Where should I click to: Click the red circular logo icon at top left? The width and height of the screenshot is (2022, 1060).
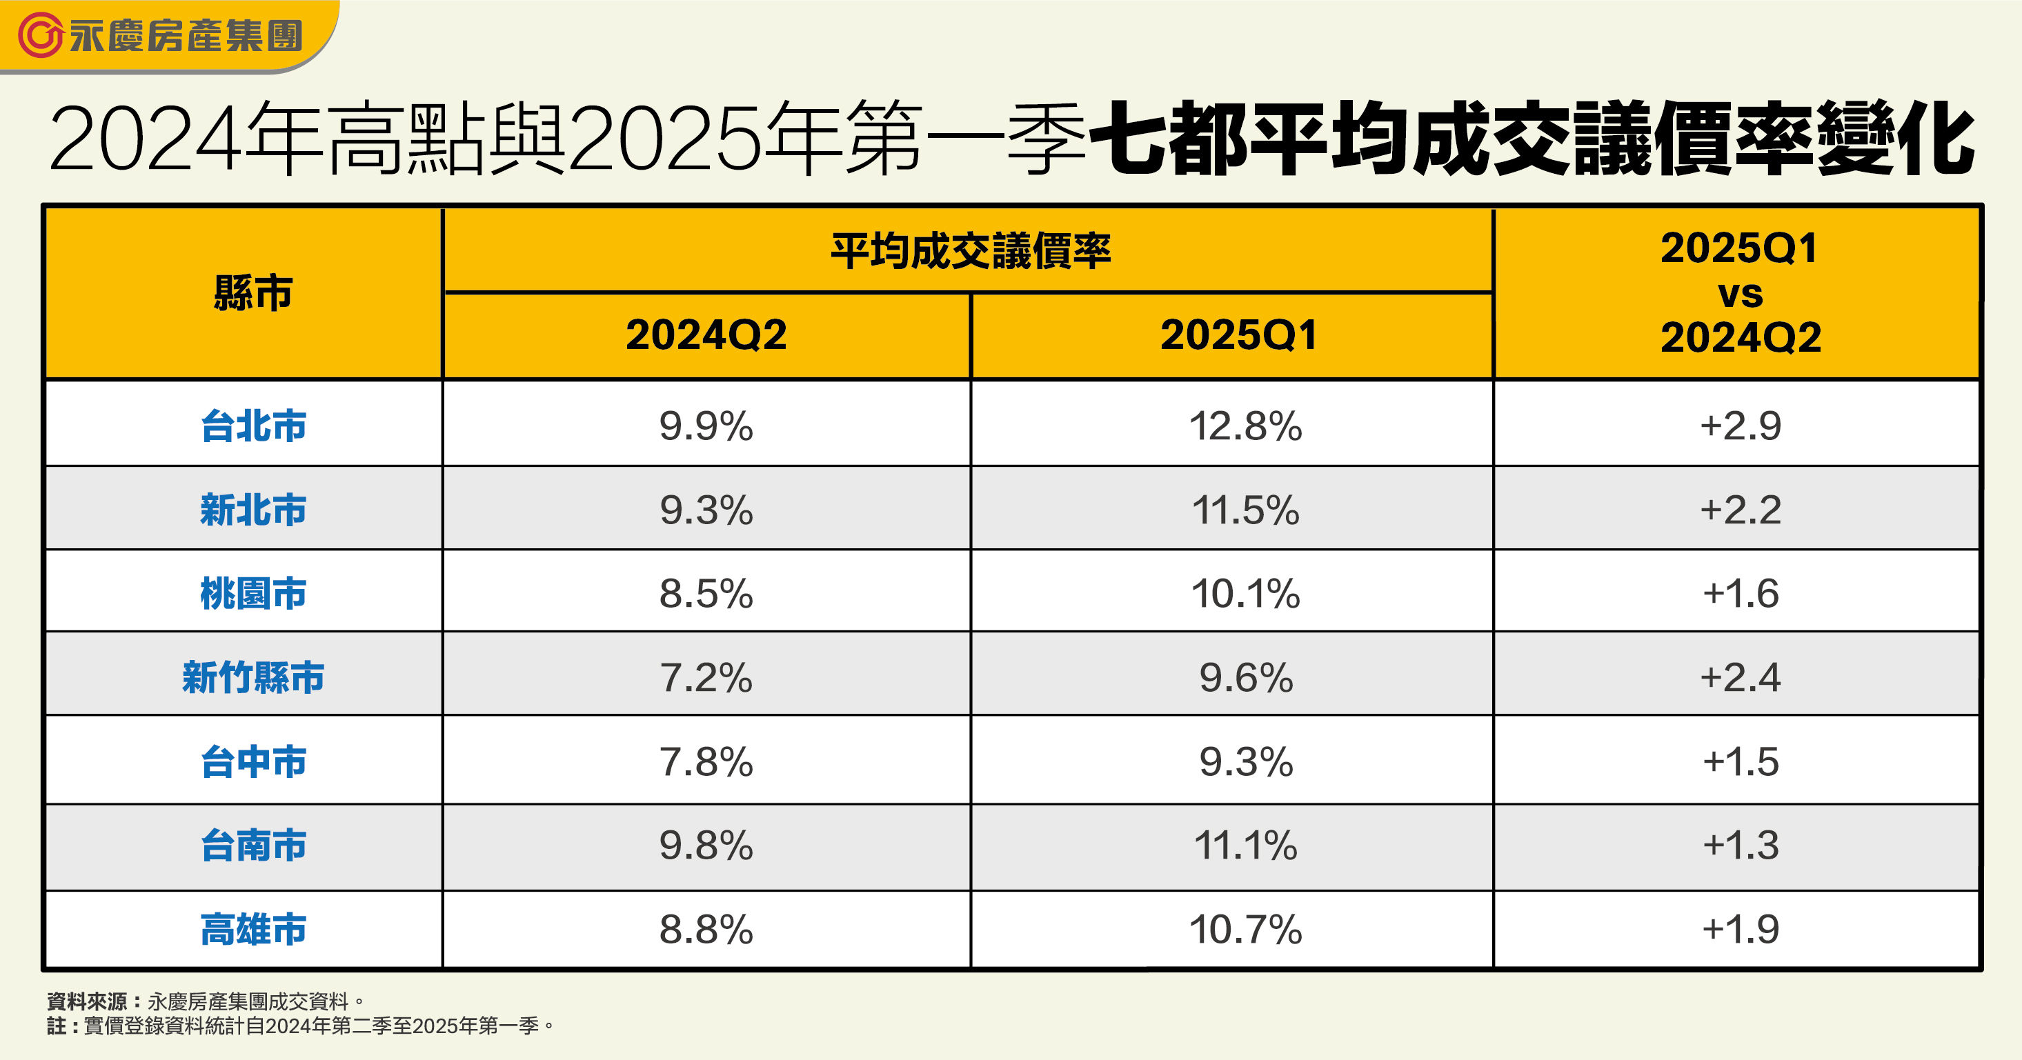coord(39,35)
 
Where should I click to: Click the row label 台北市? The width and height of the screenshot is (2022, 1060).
coord(252,426)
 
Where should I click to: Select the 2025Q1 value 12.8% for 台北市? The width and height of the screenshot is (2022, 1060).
coord(1245,426)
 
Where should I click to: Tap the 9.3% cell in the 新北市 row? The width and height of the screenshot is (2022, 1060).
coord(706,510)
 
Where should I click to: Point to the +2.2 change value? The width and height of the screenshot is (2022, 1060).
coord(1741,510)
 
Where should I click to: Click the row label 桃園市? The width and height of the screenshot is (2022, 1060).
coord(252,593)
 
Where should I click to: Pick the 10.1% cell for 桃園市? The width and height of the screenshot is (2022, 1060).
coord(1245,593)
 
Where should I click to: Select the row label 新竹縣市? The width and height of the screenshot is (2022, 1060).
coord(252,677)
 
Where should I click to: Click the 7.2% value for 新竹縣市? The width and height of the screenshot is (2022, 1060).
coord(706,677)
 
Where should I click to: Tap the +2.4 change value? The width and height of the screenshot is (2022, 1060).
coord(1741,677)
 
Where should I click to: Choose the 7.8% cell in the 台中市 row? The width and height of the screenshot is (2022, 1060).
coord(706,762)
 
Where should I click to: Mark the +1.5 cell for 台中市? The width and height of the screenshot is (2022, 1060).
coord(1741,762)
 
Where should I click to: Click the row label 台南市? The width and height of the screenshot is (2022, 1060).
coord(252,846)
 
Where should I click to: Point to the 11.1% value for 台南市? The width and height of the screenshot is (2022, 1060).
coord(1245,846)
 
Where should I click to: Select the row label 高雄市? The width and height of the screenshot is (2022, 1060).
coord(252,929)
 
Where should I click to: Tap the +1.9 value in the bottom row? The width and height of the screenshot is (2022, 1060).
coord(1741,929)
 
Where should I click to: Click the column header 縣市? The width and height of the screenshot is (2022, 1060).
coord(252,293)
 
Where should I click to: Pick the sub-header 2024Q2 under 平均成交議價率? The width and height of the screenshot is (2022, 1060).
coord(706,335)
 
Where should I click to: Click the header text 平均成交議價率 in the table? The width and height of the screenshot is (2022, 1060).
coord(970,252)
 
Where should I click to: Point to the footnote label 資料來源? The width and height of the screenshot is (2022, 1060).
coord(86,1001)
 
